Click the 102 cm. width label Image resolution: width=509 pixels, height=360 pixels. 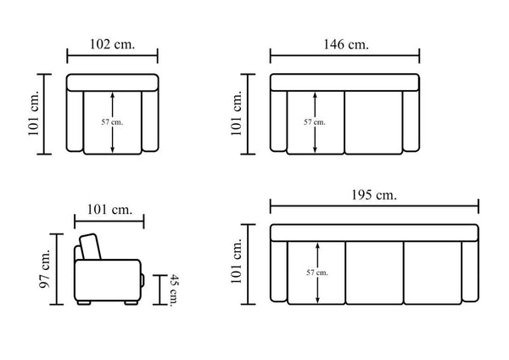pos(112,44)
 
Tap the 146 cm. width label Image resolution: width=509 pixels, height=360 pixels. pos(346,44)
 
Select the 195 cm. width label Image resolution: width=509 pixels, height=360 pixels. pos(374,195)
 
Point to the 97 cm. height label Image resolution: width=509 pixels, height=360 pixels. pos(44,268)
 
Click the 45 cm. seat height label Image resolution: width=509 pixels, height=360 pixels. pos(175,290)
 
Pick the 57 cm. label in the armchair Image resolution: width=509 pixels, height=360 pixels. pos(112,122)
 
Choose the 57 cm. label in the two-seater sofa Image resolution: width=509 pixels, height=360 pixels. pos(315,122)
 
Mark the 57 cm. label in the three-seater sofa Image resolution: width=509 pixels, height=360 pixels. pos(317,273)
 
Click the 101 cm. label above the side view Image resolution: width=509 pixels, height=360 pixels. pos(109,210)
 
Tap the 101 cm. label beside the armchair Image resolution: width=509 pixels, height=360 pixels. pos(33,113)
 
